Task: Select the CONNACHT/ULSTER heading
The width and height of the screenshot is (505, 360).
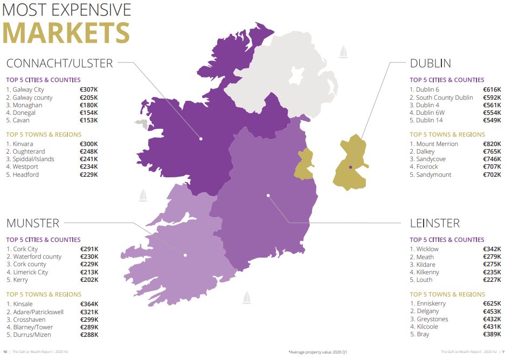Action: [59, 63]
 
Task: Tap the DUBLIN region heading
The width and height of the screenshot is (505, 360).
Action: [430, 63]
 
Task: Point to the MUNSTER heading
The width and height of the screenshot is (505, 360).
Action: [32, 223]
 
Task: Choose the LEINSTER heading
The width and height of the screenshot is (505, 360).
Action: [434, 223]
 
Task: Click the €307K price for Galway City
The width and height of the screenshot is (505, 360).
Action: [89, 89]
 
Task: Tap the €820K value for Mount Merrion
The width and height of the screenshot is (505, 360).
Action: [492, 144]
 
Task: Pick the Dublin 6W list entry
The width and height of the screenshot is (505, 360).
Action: [431, 113]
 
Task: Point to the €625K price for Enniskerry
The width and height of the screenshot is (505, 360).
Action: [492, 304]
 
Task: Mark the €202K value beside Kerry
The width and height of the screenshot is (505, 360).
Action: [89, 280]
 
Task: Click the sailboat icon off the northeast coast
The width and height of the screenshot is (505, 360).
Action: [343, 52]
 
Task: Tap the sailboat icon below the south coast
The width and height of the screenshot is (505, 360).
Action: [247, 297]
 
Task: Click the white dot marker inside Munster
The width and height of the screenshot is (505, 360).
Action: [185, 255]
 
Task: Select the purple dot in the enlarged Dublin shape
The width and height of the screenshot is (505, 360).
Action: [350, 167]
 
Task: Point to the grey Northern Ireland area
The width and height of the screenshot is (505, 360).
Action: [286, 75]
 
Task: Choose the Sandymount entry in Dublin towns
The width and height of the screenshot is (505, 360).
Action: [433, 175]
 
